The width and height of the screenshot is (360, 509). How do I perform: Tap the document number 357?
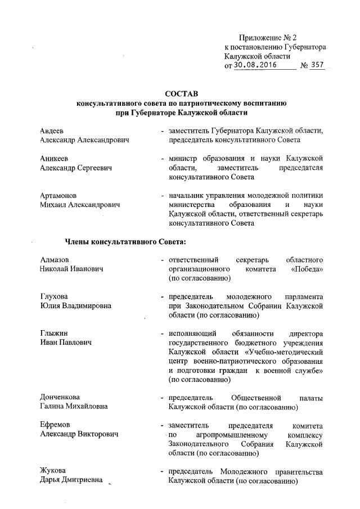[317, 65]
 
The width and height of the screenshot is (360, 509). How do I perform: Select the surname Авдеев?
[52, 130]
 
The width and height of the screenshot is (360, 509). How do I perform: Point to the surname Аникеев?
[55, 159]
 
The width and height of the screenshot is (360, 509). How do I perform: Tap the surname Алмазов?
[55, 259]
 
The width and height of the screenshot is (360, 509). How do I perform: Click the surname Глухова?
[55, 296]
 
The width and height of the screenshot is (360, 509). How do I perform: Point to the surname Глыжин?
[54, 333]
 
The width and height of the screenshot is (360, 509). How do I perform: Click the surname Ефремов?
[55, 425]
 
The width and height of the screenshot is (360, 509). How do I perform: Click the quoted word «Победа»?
[307, 269]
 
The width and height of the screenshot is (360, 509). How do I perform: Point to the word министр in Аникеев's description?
[183, 159]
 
